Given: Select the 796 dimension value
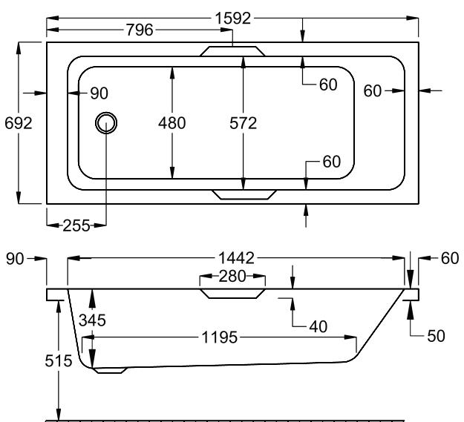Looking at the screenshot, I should (140, 30).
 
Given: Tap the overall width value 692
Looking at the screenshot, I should (18, 123).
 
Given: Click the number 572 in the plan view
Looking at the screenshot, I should (243, 123).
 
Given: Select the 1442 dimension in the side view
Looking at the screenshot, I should (236, 258).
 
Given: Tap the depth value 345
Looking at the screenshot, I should (92, 321).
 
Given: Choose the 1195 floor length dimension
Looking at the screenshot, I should (222, 338).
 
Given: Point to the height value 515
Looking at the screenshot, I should (58, 361).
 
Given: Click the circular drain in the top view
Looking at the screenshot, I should (106, 123).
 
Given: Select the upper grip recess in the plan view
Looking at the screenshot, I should (232, 51).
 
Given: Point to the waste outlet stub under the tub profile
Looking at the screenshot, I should (111, 370).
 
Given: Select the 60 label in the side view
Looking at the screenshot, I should (450, 258).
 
